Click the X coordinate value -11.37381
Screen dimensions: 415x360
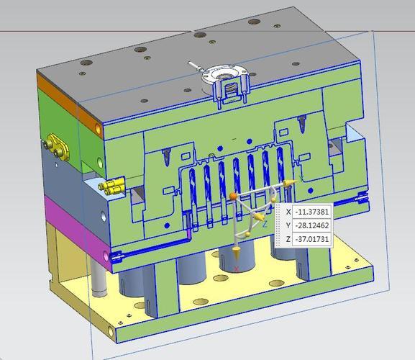tap(311, 212)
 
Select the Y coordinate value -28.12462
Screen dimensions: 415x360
tap(311, 225)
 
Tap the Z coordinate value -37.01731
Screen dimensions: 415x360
tap(311, 239)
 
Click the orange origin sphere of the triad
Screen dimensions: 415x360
tap(233, 196)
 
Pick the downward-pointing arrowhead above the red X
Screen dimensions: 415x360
tap(236, 252)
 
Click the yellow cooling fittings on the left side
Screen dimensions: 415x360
tap(111, 186)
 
